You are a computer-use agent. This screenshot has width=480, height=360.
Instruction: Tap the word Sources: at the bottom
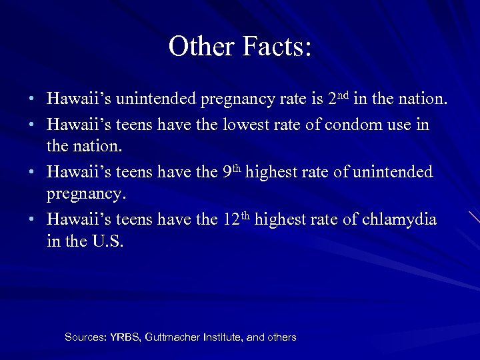tap(84, 337)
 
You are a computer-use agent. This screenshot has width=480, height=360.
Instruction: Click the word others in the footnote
tap(281, 337)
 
